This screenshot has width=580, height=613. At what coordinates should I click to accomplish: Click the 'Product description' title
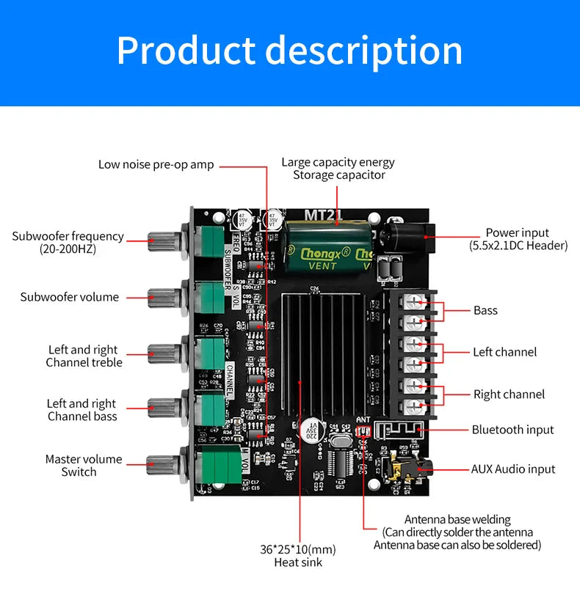click(x=289, y=51)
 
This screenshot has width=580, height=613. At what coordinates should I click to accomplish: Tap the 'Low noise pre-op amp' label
click(x=156, y=165)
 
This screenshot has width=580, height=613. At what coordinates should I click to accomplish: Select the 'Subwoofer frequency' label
click(x=68, y=237)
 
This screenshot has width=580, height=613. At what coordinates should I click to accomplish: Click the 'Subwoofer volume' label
click(x=69, y=297)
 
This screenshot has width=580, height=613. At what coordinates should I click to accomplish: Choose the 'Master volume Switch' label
click(x=83, y=466)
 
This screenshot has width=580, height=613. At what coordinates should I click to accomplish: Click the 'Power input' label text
click(x=517, y=233)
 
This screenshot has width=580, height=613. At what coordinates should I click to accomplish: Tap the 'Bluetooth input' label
click(x=512, y=430)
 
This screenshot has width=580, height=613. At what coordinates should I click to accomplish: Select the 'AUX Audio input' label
click(x=512, y=469)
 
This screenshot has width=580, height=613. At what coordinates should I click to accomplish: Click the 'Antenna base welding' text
click(x=457, y=519)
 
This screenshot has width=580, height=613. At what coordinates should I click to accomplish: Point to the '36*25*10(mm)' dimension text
click(x=297, y=549)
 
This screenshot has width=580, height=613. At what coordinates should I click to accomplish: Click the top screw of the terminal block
click(x=417, y=301)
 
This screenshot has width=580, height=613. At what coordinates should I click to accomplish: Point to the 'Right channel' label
click(x=509, y=394)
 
